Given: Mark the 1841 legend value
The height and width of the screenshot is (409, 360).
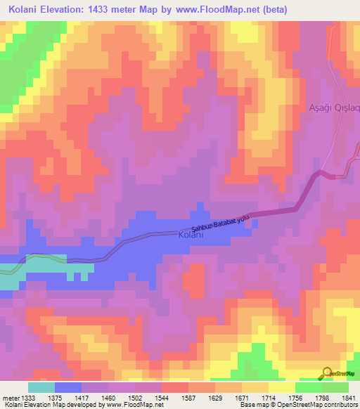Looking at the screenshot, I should (349, 397).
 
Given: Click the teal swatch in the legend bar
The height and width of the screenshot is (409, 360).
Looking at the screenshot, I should (41, 387).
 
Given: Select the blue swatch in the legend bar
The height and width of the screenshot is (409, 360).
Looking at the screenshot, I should (67, 387).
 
